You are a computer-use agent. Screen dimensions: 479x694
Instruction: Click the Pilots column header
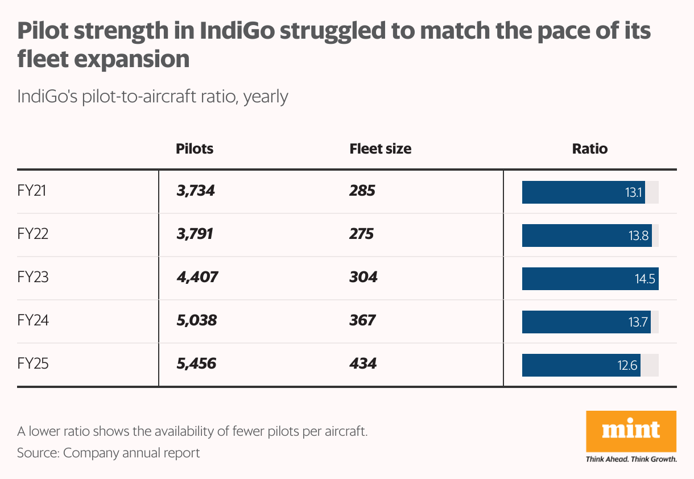coord(195,149)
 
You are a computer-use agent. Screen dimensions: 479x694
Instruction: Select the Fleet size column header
coord(380,149)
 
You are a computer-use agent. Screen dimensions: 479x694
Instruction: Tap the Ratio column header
coord(590,149)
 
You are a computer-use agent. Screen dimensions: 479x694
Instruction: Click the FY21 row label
coord(32,191)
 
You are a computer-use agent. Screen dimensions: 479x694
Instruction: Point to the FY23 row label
coord(33,278)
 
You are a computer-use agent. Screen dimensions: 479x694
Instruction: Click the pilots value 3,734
coord(196,191)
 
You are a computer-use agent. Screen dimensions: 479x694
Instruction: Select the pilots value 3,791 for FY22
coord(195,234)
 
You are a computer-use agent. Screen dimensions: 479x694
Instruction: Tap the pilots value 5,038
coord(196,321)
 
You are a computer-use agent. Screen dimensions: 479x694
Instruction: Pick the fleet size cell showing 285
coord(362,191)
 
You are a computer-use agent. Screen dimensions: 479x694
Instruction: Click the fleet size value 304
coord(363,278)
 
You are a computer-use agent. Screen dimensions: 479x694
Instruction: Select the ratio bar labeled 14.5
coord(590,279)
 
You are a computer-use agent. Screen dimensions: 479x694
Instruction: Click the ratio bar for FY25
coord(581,365)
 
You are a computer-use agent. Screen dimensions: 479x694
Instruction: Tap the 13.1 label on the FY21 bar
coord(633,192)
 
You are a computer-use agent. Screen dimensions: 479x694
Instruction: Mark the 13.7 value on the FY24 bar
coord(638,322)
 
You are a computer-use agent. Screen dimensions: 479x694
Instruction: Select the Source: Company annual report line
coord(109,453)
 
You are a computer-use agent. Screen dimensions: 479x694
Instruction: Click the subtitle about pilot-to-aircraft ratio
coord(152,96)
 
